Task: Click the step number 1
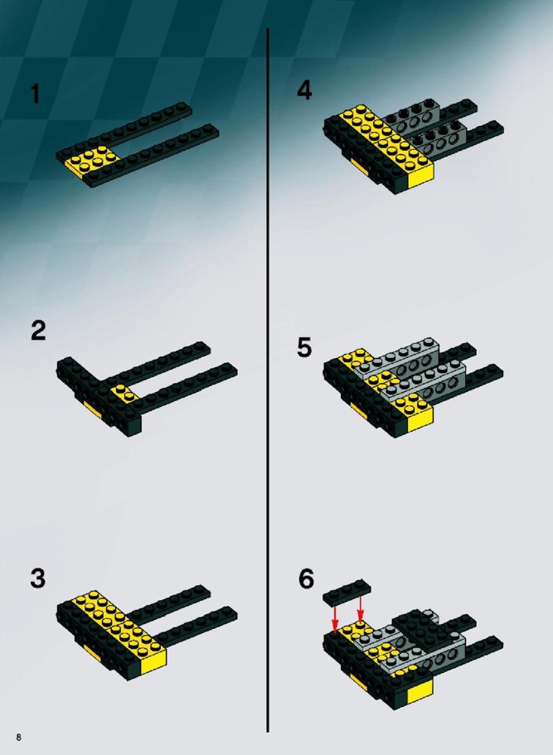pyautogui.click(x=35, y=94)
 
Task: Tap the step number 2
pyautogui.click(x=38, y=331)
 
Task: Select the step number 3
pyautogui.click(x=37, y=578)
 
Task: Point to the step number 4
pyautogui.click(x=304, y=90)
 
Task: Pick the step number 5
pyautogui.click(x=304, y=347)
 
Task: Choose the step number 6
pyautogui.click(x=306, y=578)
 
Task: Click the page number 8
pyautogui.click(x=19, y=738)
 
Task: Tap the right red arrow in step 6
pyautogui.click(x=361, y=608)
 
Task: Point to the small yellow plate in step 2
pyautogui.click(x=124, y=394)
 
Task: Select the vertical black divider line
pyautogui.click(x=268, y=380)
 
